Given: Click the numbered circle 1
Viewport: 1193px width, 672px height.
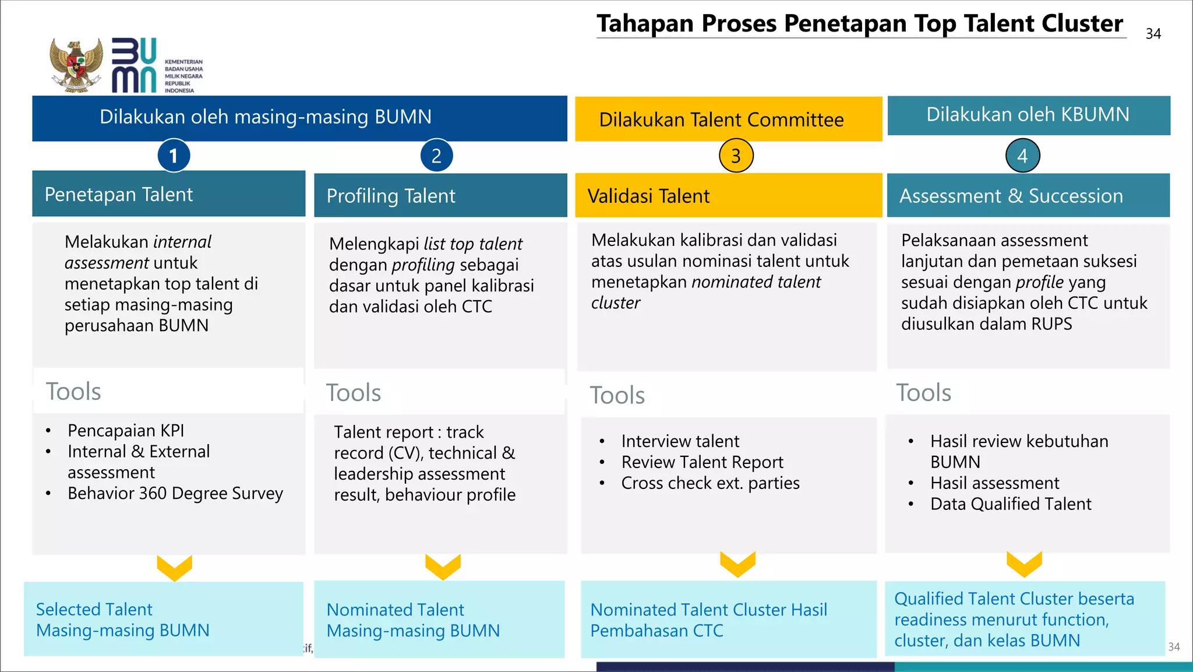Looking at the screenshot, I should pos(174,156).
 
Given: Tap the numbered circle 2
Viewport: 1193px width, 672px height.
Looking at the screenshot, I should pos(436,156).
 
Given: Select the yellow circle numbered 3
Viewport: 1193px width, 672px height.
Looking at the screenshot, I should pos(736,156).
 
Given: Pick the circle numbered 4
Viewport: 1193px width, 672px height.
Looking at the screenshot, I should pos(1022,156).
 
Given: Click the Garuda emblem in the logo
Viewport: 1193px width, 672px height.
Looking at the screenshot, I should pos(76,65).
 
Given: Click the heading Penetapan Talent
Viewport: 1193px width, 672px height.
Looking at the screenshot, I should pos(119,194).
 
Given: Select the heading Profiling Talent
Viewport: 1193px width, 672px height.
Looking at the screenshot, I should pos(391,196).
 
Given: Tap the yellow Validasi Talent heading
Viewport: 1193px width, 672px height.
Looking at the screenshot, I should pos(648,196).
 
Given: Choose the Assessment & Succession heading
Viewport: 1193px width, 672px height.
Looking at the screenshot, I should pos(1011,196).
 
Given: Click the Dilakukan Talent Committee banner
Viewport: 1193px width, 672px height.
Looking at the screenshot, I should pos(721,119).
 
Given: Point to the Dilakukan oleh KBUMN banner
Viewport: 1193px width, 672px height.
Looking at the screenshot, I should pos(1028,114).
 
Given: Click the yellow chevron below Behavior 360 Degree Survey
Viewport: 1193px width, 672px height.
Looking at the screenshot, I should pos(174,568).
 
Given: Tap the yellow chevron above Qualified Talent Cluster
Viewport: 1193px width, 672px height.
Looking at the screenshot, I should pos(1024,564).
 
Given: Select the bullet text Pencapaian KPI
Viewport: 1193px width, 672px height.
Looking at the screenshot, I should pos(126,431).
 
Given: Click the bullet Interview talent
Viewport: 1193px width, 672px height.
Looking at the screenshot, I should pos(680,441).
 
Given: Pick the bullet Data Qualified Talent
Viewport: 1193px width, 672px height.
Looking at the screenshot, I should pos(1011,504).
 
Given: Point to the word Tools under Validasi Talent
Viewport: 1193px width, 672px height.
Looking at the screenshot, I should pos(617,396).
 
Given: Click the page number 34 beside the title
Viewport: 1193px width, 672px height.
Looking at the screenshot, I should pos(1153,34).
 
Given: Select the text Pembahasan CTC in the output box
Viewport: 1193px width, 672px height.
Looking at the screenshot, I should pos(656,631).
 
